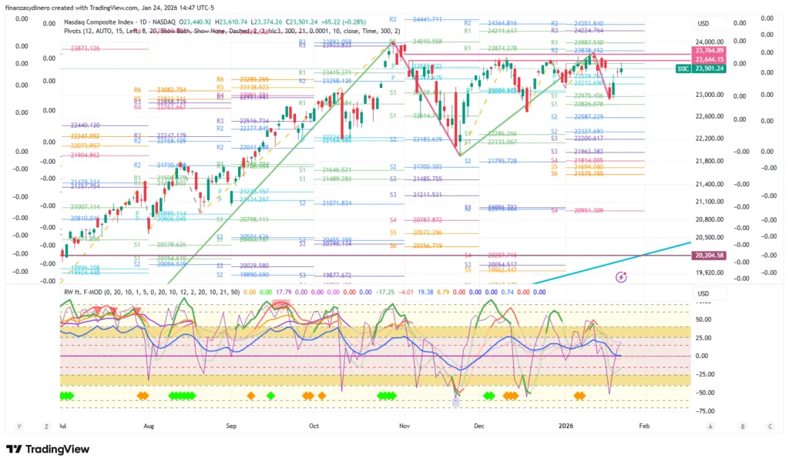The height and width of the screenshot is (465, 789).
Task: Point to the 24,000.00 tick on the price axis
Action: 709,42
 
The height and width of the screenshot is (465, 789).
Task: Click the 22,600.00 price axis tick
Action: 709,116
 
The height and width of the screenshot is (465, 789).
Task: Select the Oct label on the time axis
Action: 314,425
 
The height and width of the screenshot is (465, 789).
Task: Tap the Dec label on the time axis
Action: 479,425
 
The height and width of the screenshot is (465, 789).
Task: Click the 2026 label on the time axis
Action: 566,425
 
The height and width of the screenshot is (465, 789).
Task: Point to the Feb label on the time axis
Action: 645,425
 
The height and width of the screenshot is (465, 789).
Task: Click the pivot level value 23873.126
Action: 85,49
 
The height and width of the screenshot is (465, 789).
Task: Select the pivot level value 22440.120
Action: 85,125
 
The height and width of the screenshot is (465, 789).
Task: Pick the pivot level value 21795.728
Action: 502,161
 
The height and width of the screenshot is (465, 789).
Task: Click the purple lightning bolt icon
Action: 622,276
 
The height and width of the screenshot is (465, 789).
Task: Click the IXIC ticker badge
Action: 682,69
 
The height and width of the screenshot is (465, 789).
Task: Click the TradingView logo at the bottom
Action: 39,450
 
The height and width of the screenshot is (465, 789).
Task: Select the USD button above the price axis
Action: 703,23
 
